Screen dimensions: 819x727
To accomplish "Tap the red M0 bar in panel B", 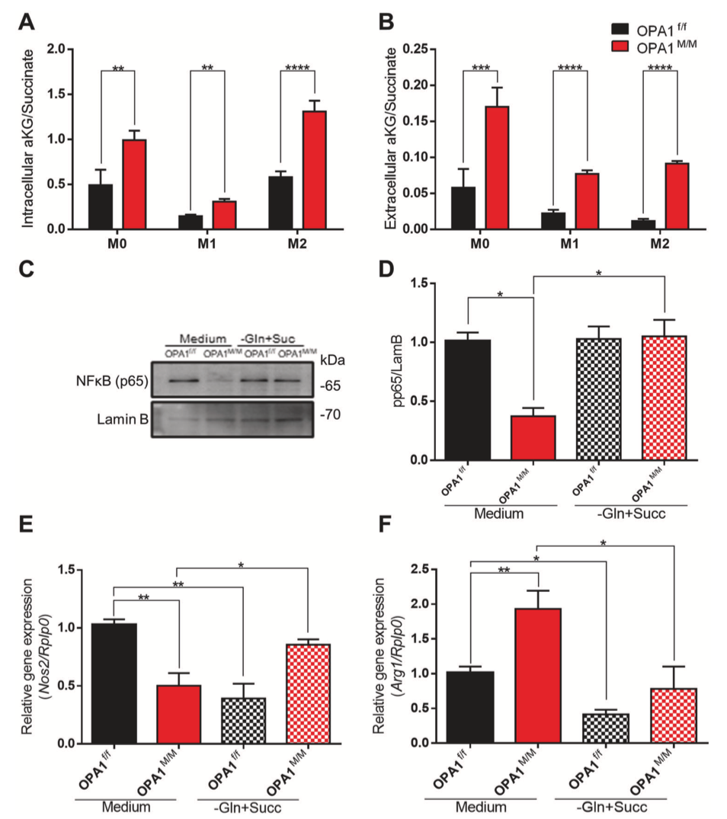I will click(x=497, y=168).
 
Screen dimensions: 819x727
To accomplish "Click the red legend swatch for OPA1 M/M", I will click(x=622, y=48).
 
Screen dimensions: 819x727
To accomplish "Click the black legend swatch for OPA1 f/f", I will click(x=622, y=28).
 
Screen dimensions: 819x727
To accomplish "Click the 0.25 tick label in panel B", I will click(x=415, y=49).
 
